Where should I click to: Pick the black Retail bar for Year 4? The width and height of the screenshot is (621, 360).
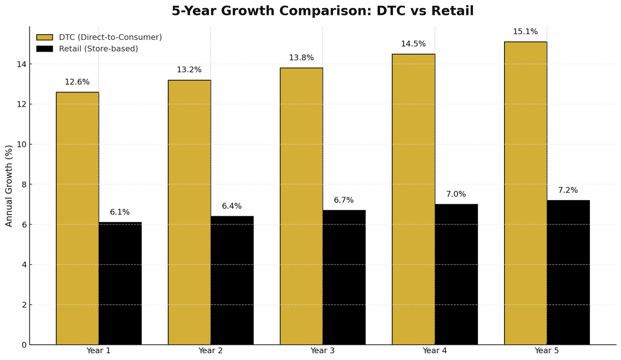456,274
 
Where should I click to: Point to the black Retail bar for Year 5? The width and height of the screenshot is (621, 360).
568,272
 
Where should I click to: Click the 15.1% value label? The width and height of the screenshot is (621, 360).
525,32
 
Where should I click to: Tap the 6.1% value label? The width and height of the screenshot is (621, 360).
120,212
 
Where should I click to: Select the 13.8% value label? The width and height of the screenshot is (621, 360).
301,58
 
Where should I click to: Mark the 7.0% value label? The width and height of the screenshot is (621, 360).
456,194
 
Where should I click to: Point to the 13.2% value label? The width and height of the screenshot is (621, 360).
189,70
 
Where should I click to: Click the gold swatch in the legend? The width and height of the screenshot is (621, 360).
45,37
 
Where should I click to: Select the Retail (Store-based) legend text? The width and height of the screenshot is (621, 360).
98,49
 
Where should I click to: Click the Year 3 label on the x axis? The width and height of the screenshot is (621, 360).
322,351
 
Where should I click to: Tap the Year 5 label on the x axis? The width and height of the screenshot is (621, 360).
546,351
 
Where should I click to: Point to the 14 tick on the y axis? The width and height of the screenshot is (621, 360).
21,64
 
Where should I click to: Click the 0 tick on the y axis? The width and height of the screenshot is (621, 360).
23,345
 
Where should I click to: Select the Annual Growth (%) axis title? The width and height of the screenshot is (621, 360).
9,186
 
